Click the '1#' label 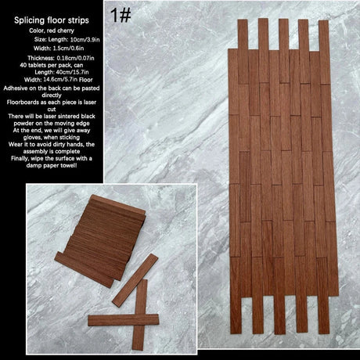(x=121, y=15)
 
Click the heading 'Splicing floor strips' (x=52, y=20)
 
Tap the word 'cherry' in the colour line (x=66, y=31)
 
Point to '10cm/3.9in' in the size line (x=85, y=40)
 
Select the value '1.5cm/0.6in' (x=68, y=49)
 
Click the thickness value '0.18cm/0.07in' (x=75, y=58)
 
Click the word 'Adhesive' (x=15, y=88)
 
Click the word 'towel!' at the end (x=69, y=165)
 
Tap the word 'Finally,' (x=20, y=158)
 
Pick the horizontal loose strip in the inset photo (x=124, y=320)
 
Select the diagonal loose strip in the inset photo (x=135, y=280)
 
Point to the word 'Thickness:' (x=41, y=58)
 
